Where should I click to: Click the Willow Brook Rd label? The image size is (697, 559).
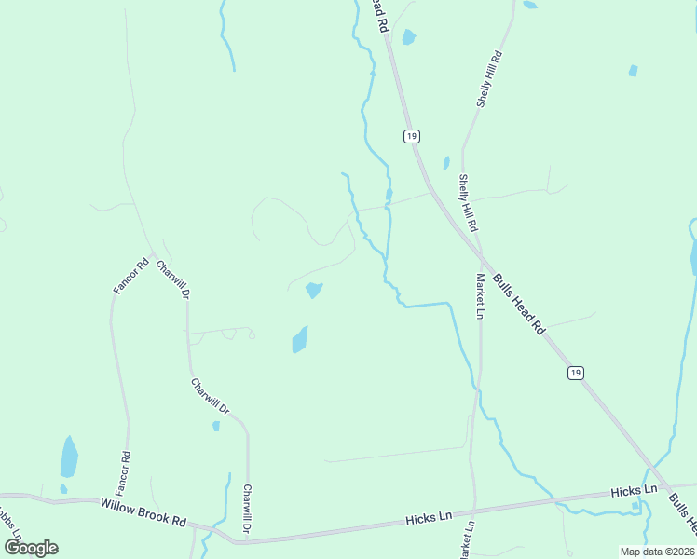point(143,511)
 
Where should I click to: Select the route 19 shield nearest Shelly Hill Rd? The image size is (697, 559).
point(411,136)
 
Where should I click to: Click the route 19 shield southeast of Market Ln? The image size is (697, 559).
point(576,373)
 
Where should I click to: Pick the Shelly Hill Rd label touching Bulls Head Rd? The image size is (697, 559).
point(468,203)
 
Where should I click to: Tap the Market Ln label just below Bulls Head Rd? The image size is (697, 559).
point(479,296)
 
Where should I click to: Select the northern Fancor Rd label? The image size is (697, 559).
point(131,277)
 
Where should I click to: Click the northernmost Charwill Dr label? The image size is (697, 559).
point(173,279)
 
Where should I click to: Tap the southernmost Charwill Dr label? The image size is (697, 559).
point(247,509)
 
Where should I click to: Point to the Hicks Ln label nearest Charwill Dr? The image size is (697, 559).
point(430,515)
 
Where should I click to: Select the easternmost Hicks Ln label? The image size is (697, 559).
point(634,490)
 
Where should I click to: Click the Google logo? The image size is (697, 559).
point(31,548)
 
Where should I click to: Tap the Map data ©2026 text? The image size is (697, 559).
point(657,552)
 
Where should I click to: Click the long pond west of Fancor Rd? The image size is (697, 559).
point(69,457)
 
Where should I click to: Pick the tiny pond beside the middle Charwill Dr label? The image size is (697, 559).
point(216,426)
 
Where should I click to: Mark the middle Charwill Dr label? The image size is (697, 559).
point(210,397)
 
